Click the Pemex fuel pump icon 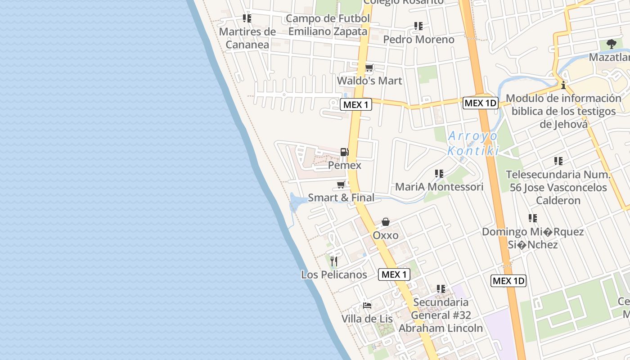coord(344,152)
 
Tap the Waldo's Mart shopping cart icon coord(369,68)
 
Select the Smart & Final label coord(341,198)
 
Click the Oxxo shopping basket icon coord(386,222)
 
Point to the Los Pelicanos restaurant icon coord(333,261)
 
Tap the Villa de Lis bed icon coord(367,305)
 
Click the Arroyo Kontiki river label coord(473,143)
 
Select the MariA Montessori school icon coord(439,173)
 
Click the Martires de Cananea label coord(247,38)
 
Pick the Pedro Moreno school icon coord(418,26)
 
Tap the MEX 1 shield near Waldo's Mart coord(356,105)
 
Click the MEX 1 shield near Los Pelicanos coord(394,274)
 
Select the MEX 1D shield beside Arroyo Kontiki coord(480,103)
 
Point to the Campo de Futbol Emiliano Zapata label coord(328,25)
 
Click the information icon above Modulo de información coord(563,85)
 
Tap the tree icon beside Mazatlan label coord(611,44)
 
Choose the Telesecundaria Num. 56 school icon coord(558,161)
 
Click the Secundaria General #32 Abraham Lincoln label coord(441,315)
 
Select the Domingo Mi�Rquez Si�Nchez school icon coord(533,218)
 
